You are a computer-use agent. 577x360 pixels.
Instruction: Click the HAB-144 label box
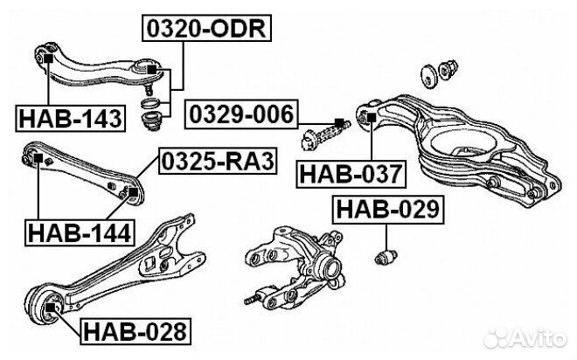coord(78,232)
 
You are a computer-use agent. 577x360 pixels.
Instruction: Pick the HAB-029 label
coord(387,210)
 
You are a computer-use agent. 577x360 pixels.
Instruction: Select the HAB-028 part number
coord(134,331)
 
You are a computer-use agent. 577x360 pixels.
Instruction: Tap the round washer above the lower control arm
coord(428,73)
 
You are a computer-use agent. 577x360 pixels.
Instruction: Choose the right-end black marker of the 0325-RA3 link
coord(133,190)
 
